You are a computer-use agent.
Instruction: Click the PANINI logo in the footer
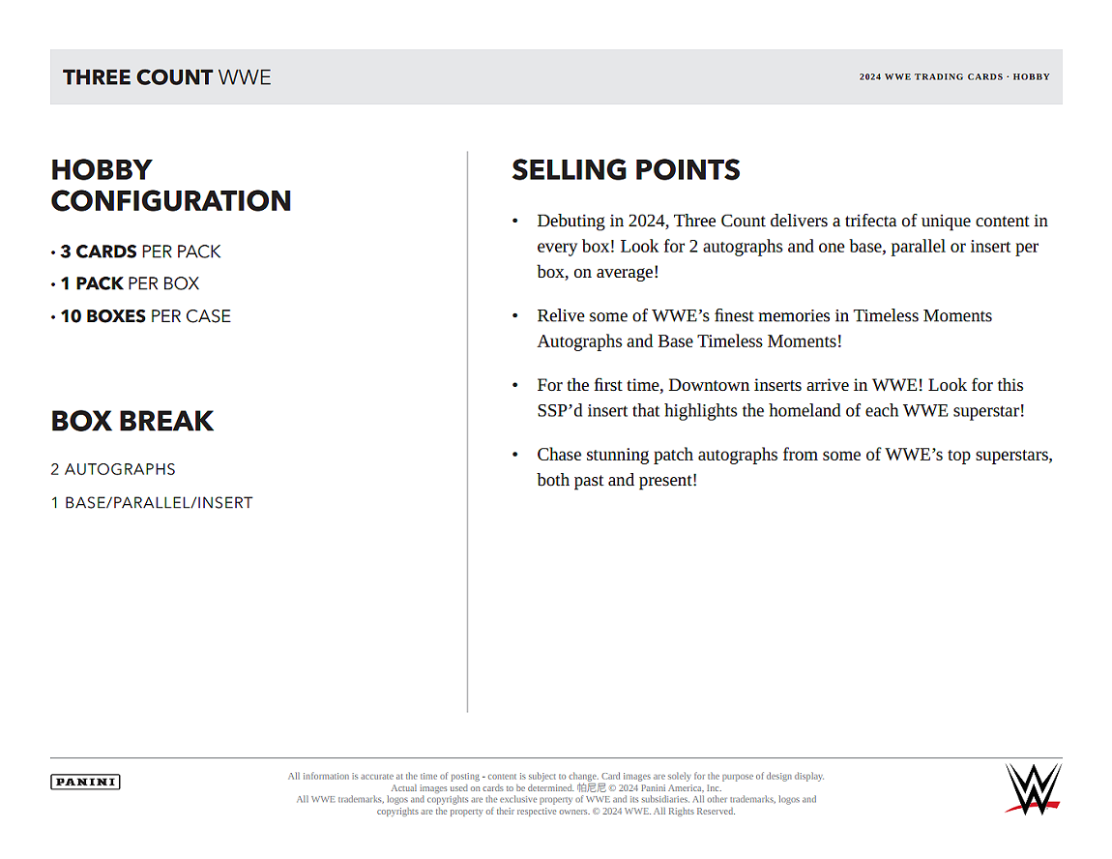(85, 782)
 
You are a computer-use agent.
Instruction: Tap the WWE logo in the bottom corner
(1033, 787)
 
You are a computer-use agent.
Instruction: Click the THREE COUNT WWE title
(167, 77)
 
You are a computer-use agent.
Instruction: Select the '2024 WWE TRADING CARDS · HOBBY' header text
(954, 77)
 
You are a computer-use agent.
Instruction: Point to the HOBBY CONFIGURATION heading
(171, 185)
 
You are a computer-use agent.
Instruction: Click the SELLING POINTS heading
(626, 170)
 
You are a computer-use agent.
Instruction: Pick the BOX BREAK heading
(132, 421)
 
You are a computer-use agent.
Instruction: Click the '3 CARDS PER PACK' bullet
(140, 252)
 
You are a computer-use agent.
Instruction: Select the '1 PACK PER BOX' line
(130, 283)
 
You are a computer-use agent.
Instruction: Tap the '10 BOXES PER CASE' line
(145, 316)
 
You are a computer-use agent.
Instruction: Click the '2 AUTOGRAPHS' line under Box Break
(113, 469)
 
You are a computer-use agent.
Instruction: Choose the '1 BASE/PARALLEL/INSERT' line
(152, 503)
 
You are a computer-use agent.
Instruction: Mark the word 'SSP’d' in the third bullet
(561, 411)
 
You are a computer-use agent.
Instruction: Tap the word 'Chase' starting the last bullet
(560, 455)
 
